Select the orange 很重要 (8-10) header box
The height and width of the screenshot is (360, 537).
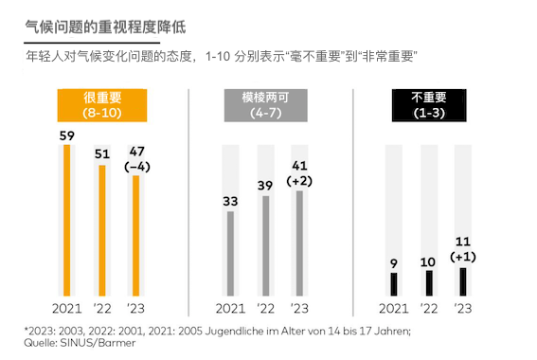(x=100, y=104)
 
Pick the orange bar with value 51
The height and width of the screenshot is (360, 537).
(x=101, y=230)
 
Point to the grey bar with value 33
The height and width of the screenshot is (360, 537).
(x=230, y=253)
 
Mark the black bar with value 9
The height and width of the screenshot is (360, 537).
(x=394, y=285)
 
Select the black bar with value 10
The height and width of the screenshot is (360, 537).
(x=428, y=283)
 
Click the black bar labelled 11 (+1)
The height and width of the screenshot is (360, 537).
(x=462, y=282)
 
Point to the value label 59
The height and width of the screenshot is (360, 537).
(x=66, y=135)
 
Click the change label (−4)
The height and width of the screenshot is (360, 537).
(x=135, y=167)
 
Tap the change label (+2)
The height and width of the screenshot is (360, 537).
(x=299, y=180)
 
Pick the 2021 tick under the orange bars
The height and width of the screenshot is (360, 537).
(x=66, y=309)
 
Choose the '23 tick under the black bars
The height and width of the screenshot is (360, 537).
(x=462, y=309)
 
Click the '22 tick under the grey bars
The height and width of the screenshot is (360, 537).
(x=265, y=309)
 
